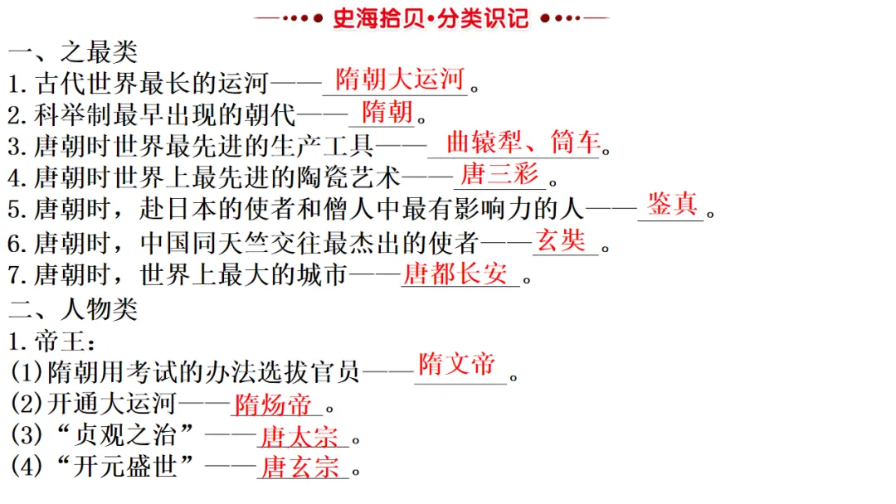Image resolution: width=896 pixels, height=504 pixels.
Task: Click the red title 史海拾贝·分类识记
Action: point(431,18)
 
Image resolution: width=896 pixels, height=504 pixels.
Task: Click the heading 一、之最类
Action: point(73,52)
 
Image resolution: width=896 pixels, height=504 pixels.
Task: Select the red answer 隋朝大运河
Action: point(399,80)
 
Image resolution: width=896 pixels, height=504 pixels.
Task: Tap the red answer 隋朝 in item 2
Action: point(387,111)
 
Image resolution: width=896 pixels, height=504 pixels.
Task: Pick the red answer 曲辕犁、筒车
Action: point(523,143)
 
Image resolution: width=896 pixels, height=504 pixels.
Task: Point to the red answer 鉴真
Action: point(672,205)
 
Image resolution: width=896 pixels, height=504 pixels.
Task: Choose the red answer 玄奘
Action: point(561,240)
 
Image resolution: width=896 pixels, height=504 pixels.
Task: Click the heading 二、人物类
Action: point(73,308)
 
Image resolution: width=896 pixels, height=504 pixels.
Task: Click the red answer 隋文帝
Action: point(456,364)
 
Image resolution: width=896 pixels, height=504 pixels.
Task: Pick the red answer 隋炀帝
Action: point(274,405)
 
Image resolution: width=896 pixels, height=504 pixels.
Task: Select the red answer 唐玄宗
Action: point(299,468)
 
